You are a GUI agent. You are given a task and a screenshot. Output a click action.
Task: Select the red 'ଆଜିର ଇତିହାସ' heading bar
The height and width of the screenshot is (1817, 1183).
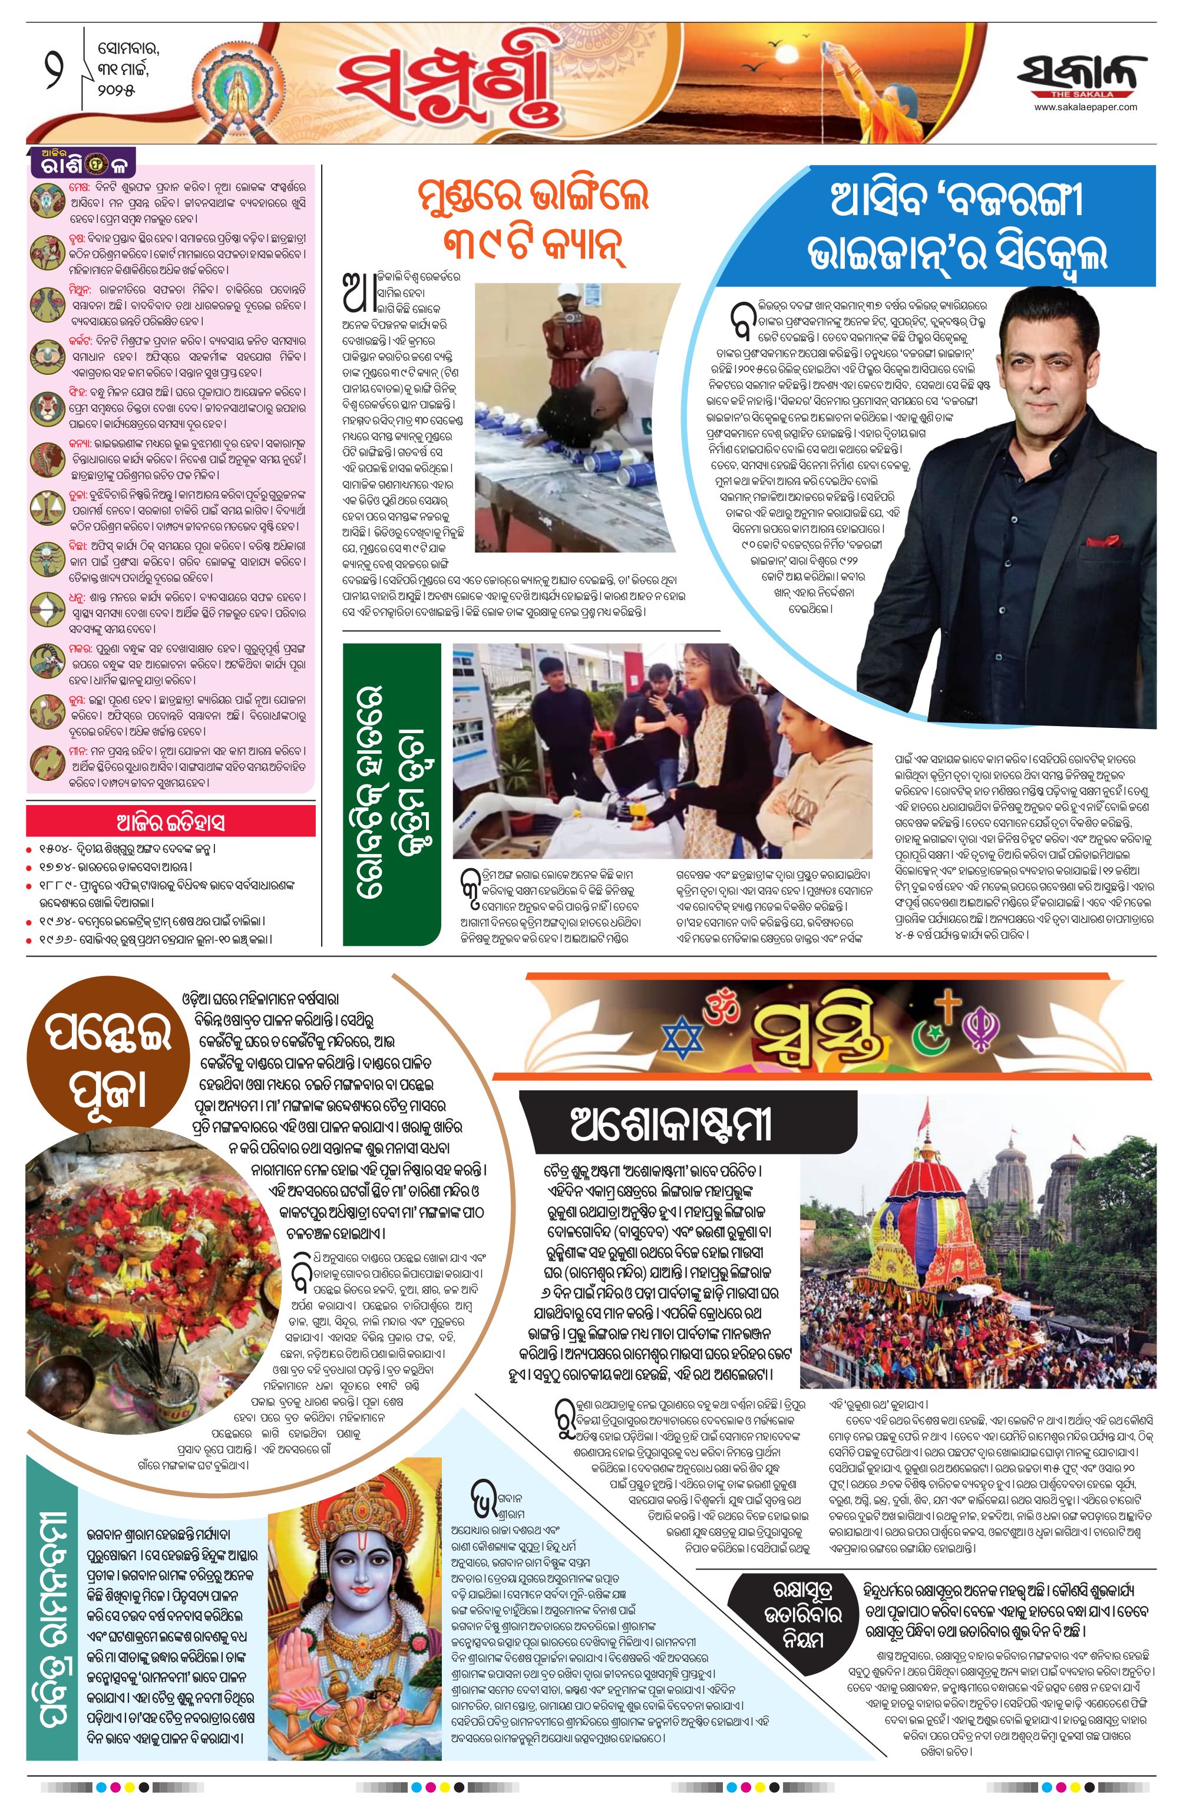pos(170,822)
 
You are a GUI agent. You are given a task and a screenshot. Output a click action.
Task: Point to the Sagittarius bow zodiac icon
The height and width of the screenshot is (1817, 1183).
pos(46,610)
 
